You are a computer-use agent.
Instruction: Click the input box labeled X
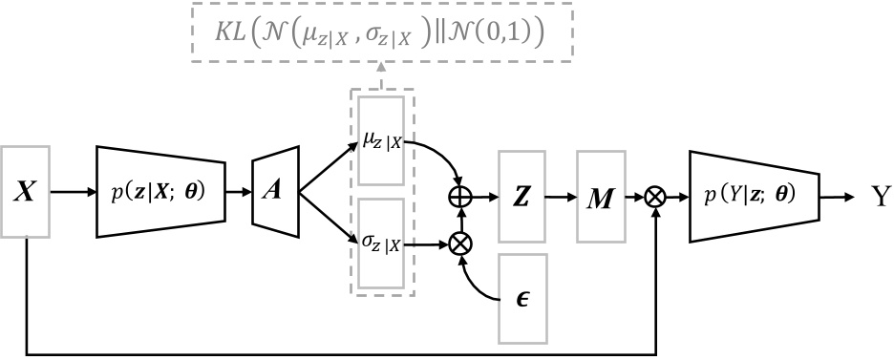[26, 192]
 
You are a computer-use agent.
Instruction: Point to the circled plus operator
[461, 197]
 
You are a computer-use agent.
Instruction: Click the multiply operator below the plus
[461, 244]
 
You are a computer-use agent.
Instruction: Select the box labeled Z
[521, 197]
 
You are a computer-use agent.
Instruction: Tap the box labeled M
[600, 197]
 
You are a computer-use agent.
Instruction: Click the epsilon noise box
[521, 298]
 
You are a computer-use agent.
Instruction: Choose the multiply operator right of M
[655, 197]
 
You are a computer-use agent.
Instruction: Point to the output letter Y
[880, 198]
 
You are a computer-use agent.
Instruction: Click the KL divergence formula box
[380, 33]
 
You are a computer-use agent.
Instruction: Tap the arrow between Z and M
[561, 197]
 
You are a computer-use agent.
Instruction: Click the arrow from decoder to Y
[840, 197]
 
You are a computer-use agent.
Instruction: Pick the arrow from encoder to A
[239, 192]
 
